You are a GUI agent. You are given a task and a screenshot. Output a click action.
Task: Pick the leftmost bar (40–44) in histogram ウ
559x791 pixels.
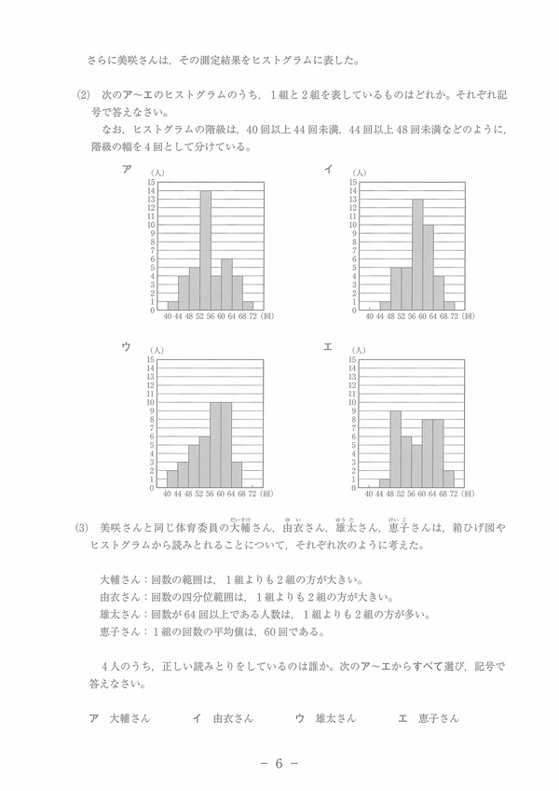[172, 479]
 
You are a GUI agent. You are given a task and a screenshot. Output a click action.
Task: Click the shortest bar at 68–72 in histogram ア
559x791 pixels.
[248, 305]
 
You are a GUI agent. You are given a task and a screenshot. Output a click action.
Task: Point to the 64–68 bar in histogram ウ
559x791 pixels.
[237, 475]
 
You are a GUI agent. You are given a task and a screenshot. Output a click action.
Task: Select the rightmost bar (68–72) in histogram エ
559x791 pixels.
[449, 479]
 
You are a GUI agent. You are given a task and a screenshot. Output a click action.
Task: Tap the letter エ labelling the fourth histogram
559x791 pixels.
[328, 347]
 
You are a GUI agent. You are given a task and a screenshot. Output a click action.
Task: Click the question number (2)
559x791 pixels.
[82, 96]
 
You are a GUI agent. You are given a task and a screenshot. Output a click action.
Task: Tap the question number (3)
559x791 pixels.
[82, 527]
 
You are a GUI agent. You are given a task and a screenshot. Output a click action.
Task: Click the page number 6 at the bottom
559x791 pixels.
[279, 763]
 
